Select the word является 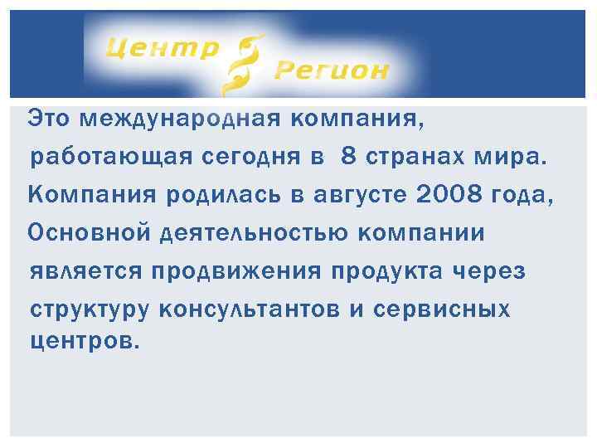tap(87, 271)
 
